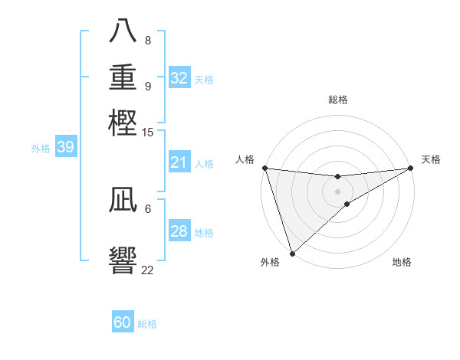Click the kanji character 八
[123, 33]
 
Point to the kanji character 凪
[123, 201]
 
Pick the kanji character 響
[123, 260]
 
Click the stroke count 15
[147, 132]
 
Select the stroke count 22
[147, 270]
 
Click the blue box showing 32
[179, 78]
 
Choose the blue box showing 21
[179, 162]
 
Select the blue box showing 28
[179, 231]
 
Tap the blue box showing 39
[65, 148]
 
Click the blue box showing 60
[123, 322]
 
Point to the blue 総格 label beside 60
[147, 324]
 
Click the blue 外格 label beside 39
[41, 149]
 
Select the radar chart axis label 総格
[337, 100]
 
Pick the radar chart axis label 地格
[402, 262]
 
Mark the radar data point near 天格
[411, 169]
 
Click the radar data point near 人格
[264, 168]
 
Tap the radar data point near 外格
[292, 252]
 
